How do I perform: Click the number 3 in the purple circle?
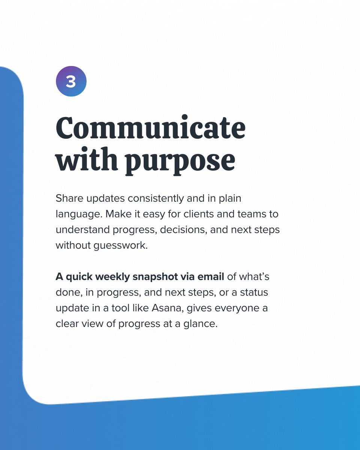coord(71,81)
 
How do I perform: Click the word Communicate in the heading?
coord(150,128)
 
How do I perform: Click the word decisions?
coord(183,230)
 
